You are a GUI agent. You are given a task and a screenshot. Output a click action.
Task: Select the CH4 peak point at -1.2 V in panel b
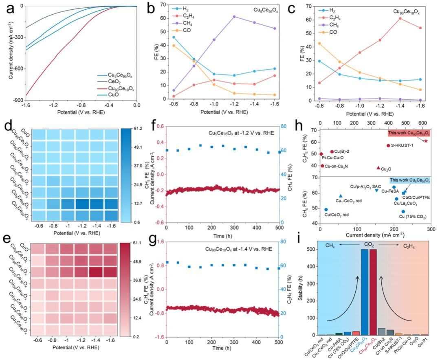pyautogui.click(x=234, y=17)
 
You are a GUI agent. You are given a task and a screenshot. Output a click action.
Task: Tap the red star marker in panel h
pyautogui.click(x=426, y=141)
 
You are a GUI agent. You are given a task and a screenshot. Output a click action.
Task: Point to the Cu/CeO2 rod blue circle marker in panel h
pyautogui.click(x=326, y=210)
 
